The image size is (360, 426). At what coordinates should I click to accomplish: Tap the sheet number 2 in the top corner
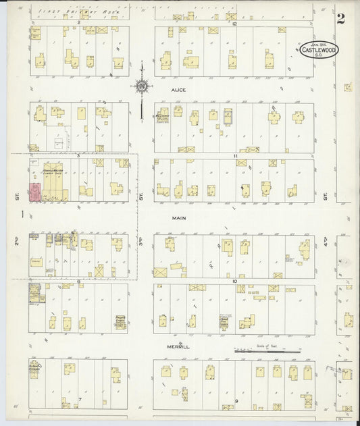point(341,18)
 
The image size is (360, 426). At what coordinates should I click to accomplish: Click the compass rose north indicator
point(142,86)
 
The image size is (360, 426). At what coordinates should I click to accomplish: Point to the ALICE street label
point(178,89)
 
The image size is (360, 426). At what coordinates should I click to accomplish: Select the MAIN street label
point(178,218)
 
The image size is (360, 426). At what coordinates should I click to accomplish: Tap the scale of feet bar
point(267,351)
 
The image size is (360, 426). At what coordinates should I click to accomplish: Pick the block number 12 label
point(234,24)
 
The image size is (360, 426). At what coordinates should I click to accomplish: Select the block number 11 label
point(236,156)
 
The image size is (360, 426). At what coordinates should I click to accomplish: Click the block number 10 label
point(234,281)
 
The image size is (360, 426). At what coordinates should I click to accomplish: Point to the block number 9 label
point(236,401)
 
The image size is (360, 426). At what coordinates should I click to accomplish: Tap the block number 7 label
point(79,399)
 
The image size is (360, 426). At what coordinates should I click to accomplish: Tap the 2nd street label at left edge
point(16,240)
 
